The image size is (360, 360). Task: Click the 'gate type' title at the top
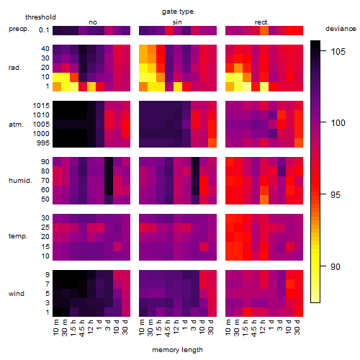[x=178, y=12]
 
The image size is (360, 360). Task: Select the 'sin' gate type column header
[x=177, y=22]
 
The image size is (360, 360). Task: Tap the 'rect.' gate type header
[x=262, y=22]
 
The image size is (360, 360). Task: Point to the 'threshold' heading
[x=40, y=17]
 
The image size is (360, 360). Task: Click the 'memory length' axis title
[x=177, y=350]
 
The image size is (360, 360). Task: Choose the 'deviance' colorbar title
[x=341, y=29]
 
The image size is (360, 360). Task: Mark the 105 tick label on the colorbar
[x=338, y=51]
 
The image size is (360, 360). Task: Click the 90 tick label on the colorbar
[x=336, y=266]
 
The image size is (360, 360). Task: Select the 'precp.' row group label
[x=19, y=29]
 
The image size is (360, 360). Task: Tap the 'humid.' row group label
[x=20, y=181]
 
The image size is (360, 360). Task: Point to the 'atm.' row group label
[x=16, y=125]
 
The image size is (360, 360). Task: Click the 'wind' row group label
[x=17, y=294]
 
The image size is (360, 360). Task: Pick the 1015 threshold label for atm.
[x=41, y=106]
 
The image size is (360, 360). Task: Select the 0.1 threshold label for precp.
[x=44, y=30]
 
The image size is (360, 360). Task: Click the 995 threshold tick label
[x=43, y=143]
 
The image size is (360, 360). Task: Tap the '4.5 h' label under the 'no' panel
[x=82, y=328]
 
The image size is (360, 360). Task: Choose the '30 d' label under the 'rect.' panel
[x=297, y=327]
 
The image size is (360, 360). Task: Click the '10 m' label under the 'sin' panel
[x=142, y=327]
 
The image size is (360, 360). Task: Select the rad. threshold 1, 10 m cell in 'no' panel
[x=57, y=86]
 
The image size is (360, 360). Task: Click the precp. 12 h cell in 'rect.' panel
[x=264, y=30]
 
